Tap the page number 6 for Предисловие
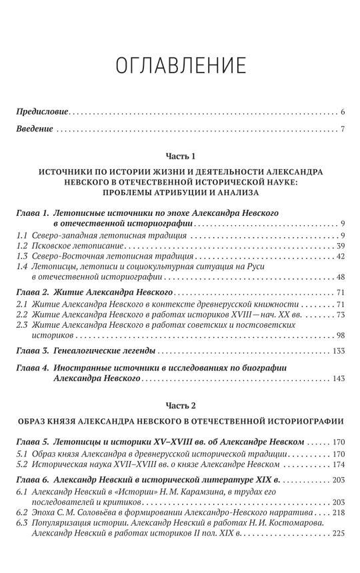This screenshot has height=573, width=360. pos(341,111)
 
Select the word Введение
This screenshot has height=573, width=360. pos(34,129)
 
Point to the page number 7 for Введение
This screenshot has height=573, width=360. pos(341,129)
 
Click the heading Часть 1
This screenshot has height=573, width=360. pos(180,157)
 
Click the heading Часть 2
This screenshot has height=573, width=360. pos(180,404)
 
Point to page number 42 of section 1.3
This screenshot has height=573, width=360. pos(339,256)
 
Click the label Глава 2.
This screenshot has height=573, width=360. pos(32,292)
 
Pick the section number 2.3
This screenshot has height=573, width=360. pos(22,324)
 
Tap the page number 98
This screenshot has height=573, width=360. pos(339,334)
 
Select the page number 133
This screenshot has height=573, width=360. pos(337,350)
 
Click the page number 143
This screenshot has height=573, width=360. pos(337,378)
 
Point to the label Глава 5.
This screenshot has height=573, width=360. pos(32,442)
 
